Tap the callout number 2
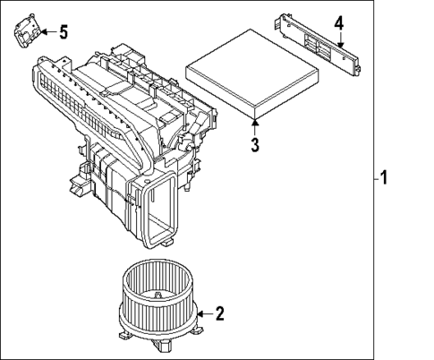tap(220, 313)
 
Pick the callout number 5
tap(63, 33)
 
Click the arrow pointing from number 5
tap(47, 33)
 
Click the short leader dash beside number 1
tap(374, 178)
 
